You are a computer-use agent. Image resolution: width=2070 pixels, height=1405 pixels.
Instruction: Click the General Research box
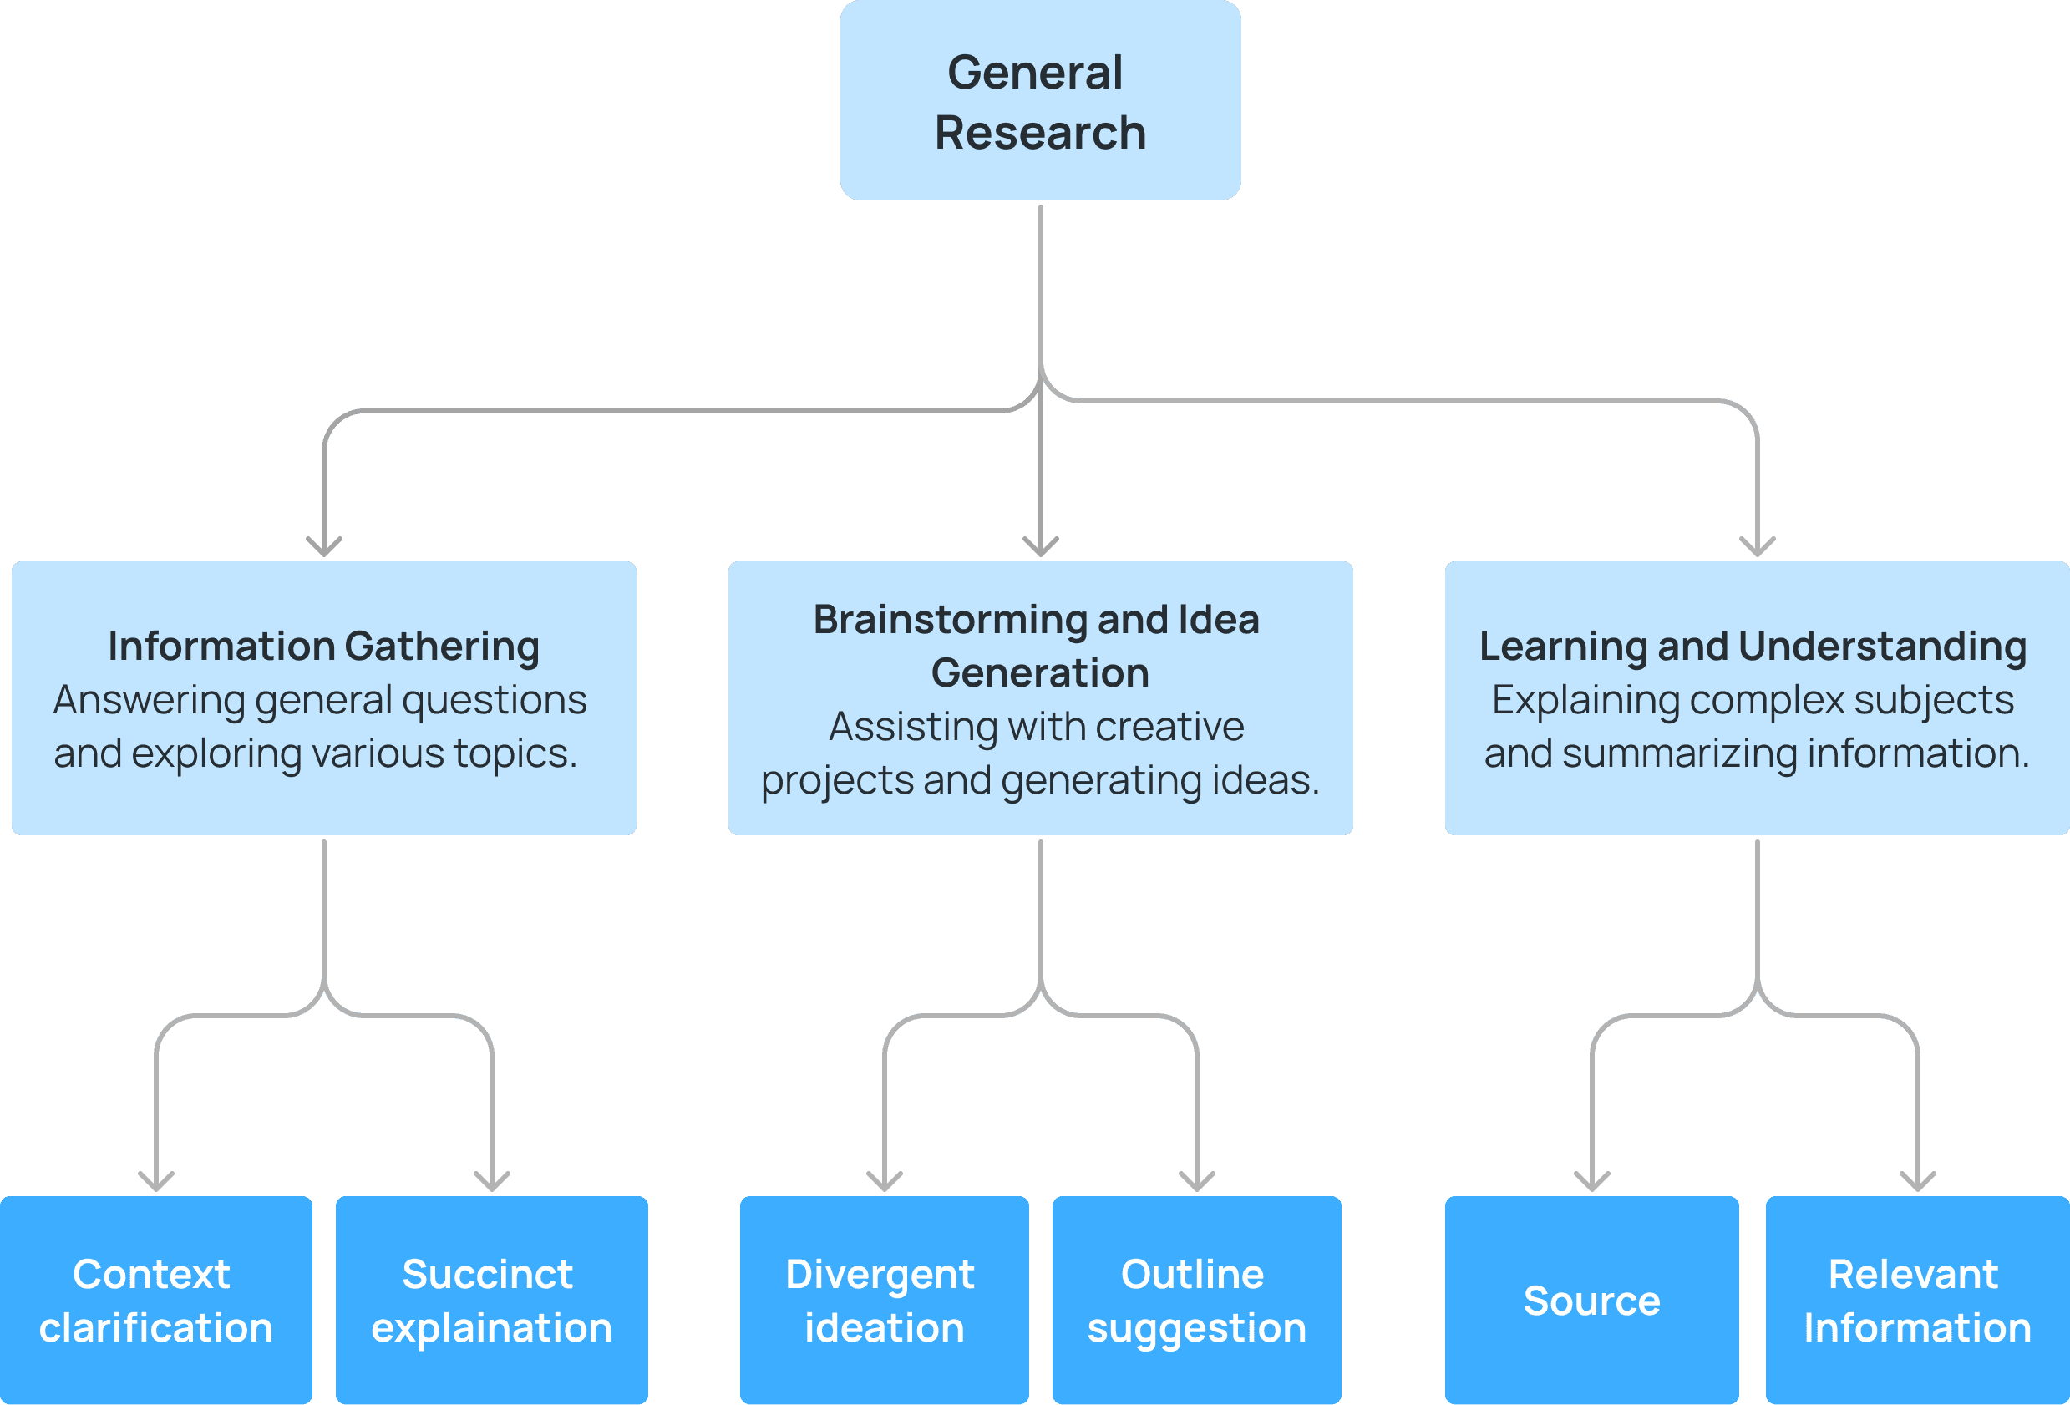(1039, 99)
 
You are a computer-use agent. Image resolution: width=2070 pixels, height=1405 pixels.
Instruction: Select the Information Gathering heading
(323, 646)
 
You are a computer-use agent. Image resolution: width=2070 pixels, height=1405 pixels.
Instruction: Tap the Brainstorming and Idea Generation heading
(1037, 646)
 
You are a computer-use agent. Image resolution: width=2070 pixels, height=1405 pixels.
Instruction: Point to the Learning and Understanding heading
(1753, 646)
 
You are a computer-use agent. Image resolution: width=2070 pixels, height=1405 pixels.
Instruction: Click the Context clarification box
(156, 1300)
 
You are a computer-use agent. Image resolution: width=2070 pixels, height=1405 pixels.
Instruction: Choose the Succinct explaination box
(492, 1300)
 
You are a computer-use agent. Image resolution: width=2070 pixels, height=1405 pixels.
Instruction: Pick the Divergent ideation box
(884, 1300)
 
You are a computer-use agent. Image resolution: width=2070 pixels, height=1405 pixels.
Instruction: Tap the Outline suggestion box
(1196, 1300)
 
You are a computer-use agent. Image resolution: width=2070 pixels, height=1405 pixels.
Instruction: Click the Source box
(1591, 1300)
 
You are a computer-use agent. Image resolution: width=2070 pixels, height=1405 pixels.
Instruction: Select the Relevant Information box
(1917, 1300)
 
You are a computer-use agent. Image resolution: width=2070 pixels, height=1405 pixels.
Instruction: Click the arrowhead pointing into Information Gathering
(324, 545)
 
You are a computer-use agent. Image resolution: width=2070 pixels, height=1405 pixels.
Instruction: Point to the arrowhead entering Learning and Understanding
(1758, 545)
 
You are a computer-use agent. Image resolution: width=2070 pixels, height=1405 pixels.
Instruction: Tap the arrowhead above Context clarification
(156, 1180)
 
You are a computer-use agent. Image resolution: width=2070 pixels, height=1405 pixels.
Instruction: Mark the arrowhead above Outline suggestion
(1197, 1180)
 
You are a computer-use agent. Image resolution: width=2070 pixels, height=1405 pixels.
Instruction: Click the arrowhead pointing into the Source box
(1591, 1180)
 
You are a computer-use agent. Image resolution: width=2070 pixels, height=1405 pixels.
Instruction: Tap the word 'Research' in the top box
(1039, 133)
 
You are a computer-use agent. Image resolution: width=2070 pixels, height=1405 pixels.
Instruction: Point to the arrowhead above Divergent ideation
(885, 1180)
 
